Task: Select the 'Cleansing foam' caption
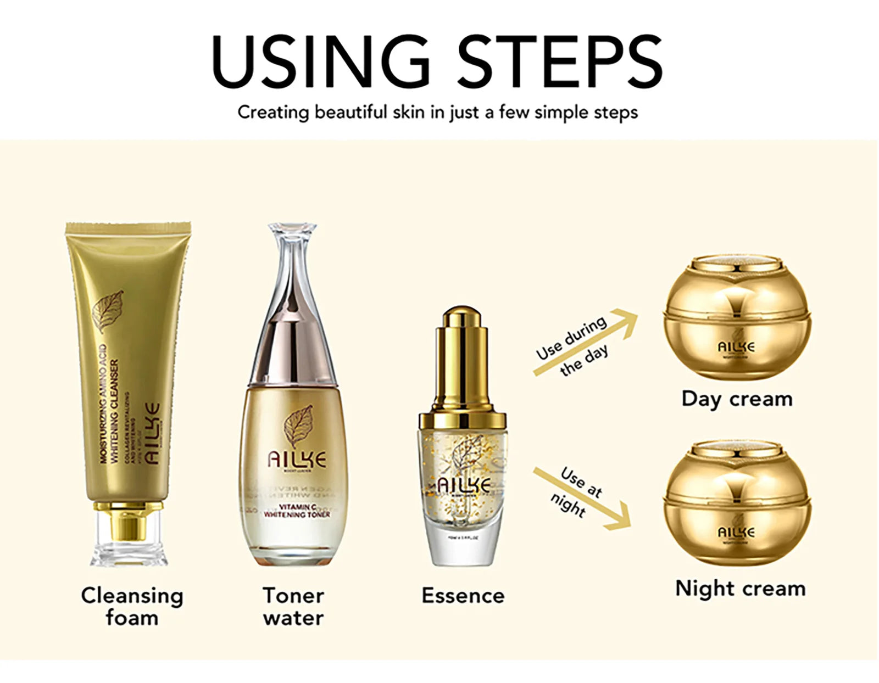(x=132, y=606)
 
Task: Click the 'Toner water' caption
(x=293, y=606)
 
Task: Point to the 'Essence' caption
(x=463, y=596)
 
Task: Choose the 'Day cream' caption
(x=737, y=399)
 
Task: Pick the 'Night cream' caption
(x=740, y=588)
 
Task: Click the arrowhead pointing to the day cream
(x=626, y=321)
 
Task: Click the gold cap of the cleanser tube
(x=127, y=522)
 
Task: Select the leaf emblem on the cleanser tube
(x=108, y=311)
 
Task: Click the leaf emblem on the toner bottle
(x=298, y=426)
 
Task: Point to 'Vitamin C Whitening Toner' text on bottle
(x=297, y=511)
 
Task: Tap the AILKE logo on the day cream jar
(x=736, y=346)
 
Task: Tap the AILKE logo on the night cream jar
(x=736, y=531)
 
